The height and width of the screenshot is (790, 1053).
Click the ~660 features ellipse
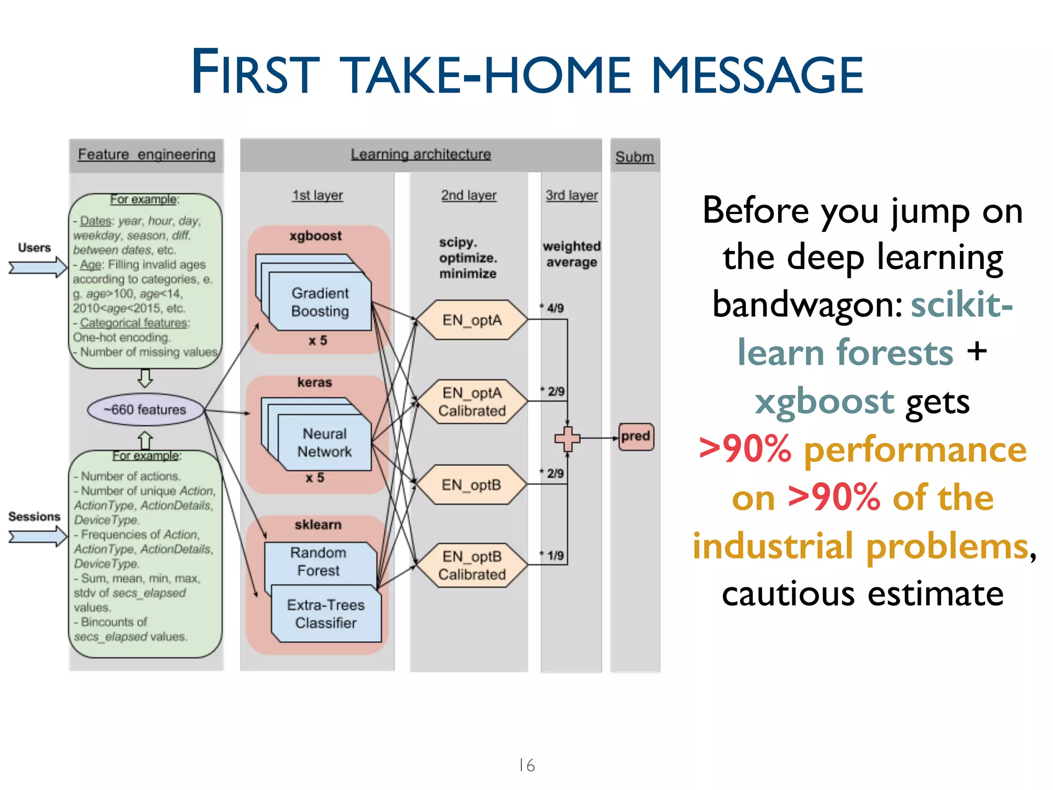pos(146,410)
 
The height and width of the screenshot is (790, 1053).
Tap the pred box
pos(636,437)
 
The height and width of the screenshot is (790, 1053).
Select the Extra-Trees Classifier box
pos(326,614)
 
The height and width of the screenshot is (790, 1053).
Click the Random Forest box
pos(319,562)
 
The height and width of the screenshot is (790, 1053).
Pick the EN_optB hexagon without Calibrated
pos(471,485)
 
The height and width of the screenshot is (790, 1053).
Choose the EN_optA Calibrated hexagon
pos(471,402)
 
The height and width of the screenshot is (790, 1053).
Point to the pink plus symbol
pos(567,439)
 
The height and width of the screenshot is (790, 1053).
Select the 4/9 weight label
pos(554,308)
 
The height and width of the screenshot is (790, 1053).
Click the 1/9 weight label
pos(554,555)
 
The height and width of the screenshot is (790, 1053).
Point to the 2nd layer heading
pos(468,195)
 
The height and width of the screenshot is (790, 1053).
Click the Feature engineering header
pos(147,155)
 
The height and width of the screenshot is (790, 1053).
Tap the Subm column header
pos(634,157)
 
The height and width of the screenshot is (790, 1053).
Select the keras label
pos(315,383)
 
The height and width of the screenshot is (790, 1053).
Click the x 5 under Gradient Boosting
pos(317,340)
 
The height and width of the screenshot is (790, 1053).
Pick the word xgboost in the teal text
pos(825,401)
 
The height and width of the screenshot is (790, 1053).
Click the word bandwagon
pos(807,304)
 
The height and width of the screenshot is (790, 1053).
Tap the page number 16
pos(526,765)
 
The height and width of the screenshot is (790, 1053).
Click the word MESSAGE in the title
pos(757,76)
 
